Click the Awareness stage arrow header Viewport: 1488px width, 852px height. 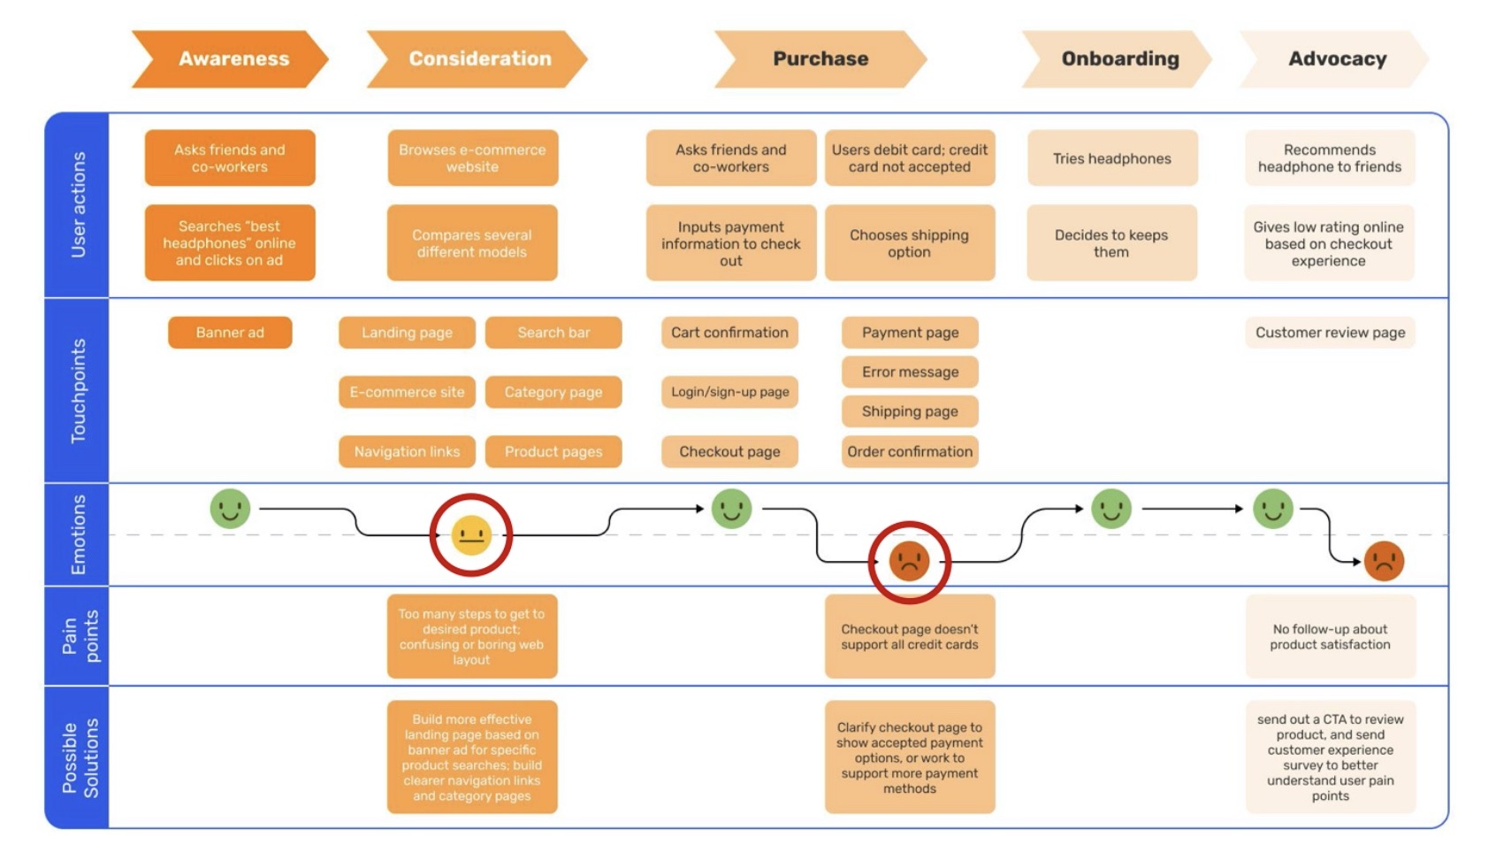[x=232, y=59]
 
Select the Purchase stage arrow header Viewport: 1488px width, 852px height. [x=820, y=59]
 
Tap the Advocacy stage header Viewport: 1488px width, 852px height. [x=1336, y=59]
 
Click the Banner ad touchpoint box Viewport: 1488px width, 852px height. [x=230, y=333]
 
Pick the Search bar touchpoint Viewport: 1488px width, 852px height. [x=553, y=333]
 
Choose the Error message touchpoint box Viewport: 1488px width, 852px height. [x=910, y=372]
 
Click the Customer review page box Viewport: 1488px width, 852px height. [x=1330, y=333]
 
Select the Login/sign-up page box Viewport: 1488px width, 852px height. [x=729, y=392]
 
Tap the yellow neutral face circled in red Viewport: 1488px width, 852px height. [x=471, y=535]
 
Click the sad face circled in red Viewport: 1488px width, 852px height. [x=909, y=561]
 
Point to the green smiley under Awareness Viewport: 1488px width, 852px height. [x=230, y=509]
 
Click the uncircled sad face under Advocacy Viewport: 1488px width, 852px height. [x=1384, y=561]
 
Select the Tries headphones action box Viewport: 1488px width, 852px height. [x=1111, y=158]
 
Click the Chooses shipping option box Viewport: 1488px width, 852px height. [x=909, y=243]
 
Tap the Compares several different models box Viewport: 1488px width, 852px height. [x=472, y=243]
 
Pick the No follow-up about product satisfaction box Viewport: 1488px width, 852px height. [x=1330, y=637]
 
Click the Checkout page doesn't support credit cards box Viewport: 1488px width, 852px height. [x=909, y=637]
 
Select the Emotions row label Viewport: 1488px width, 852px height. [x=78, y=534]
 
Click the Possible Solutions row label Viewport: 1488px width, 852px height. [x=78, y=757]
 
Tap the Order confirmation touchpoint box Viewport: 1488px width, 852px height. [x=910, y=451]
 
